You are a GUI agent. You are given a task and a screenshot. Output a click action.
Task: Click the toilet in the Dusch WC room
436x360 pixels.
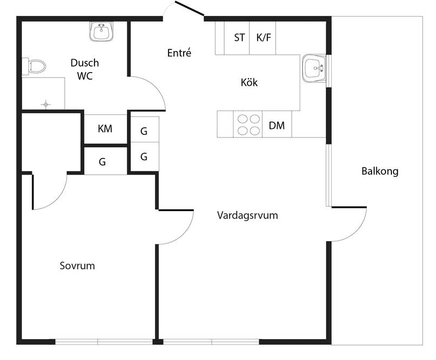(x=34, y=67)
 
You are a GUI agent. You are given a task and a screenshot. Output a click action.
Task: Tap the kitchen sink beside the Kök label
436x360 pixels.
(x=314, y=69)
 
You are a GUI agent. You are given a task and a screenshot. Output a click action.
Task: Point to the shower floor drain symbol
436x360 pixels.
(x=46, y=103)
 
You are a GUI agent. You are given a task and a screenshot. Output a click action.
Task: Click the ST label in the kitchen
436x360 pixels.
(x=239, y=38)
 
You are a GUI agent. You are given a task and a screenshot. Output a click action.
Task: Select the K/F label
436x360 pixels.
(x=264, y=38)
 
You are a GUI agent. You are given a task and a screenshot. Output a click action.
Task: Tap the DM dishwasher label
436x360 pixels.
(x=277, y=126)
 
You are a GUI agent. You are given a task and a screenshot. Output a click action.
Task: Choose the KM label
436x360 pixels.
(x=105, y=129)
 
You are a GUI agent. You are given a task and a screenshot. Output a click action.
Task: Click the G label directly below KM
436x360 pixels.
(x=102, y=161)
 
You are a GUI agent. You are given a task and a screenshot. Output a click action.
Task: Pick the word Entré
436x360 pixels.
(x=179, y=53)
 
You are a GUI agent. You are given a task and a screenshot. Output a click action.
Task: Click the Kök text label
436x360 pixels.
(x=249, y=83)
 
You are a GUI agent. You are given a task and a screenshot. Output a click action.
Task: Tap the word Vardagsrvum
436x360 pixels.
(x=247, y=215)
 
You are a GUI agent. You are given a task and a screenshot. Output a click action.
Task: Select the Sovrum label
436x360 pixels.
(x=77, y=265)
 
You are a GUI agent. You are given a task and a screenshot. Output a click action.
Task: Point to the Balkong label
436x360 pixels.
(x=380, y=171)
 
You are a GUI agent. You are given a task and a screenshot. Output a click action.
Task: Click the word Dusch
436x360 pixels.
(x=84, y=63)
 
